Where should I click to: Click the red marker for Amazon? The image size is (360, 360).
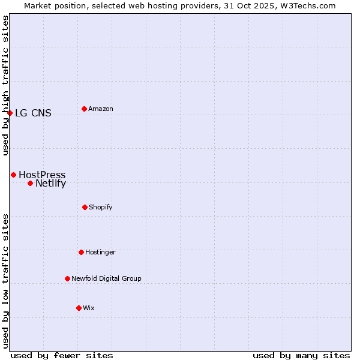coord(84,109)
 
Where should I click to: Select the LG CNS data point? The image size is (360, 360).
coord(10,113)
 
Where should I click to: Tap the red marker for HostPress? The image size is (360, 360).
coord(13,175)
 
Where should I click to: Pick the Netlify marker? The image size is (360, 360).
coord(30,183)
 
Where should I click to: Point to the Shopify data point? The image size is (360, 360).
coord(85,207)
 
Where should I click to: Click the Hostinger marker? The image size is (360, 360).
coord(81,252)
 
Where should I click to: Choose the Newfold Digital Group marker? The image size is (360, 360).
coord(67,278)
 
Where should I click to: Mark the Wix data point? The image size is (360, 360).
coord(79,308)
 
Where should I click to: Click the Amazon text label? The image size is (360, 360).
coord(101,109)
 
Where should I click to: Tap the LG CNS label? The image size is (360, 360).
coord(33,113)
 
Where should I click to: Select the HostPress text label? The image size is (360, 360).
coord(42,175)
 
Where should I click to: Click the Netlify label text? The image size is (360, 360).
coord(50,184)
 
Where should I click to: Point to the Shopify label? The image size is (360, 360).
coord(101,208)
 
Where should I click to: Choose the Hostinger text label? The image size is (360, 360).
coord(100,253)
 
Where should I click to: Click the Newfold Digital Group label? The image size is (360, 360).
coord(106,279)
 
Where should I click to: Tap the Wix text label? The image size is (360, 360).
coord(89,308)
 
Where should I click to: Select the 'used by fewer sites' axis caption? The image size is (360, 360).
coord(62,355)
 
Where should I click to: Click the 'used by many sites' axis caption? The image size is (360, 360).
coord(301,355)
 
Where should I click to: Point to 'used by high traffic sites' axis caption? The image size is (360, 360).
coord(5,85)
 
